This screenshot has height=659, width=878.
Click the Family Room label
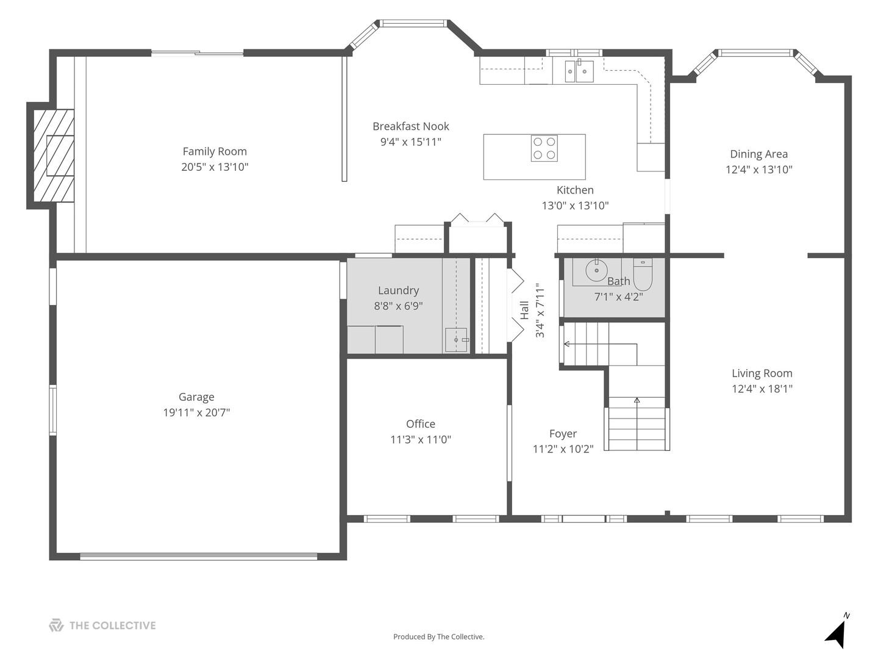[x=215, y=151]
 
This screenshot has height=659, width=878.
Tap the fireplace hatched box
[x=54, y=155]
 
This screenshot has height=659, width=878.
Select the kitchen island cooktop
[x=544, y=148]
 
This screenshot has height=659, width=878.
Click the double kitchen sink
[x=579, y=71]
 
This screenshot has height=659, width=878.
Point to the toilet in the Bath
[x=643, y=274]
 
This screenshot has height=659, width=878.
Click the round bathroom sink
[x=596, y=270]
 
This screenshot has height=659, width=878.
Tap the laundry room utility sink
[x=457, y=340]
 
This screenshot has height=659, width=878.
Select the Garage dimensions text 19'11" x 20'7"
[x=196, y=412]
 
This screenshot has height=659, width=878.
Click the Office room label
[x=420, y=423]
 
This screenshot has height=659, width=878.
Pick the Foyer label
[x=563, y=434]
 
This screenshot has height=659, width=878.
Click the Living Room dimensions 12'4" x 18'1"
[x=762, y=389]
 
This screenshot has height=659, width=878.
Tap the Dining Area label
[x=759, y=154]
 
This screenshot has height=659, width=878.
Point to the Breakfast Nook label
[x=411, y=126]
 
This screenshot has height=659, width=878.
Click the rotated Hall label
[x=524, y=310]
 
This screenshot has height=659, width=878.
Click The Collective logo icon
[x=57, y=625]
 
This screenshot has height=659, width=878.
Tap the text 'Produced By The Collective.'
[x=439, y=636]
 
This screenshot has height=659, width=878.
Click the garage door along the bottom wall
[x=198, y=556]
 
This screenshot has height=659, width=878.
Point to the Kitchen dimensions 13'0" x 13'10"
[x=575, y=205]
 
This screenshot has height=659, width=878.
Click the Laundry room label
[x=398, y=290]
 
